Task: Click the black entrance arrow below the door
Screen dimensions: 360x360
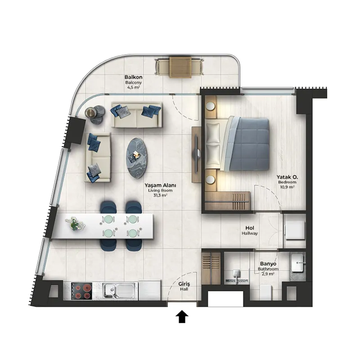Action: pyautogui.click(x=182, y=316)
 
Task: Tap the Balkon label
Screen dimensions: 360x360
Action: pyautogui.click(x=133, y=77)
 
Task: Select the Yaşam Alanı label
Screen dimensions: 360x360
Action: pyautogui.click(x=160, y=185)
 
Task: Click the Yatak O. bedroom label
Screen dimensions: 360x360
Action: pyautogui.click(x=287, y=177)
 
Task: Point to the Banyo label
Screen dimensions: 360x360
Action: pyautogui.click(x=268, y=264)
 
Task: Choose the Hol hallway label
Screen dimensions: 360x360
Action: pyautogui.click(x=250, y=228)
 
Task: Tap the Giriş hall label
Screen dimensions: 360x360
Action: pyautogui.click(x=184, y=284)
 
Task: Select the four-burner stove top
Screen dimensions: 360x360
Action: pyautogui.click(x=81, y=291)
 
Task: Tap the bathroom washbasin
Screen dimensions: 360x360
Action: pyautogui.click(x=298, y=262)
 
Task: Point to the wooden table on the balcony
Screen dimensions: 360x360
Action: pyautogui.click(x=180, y=67)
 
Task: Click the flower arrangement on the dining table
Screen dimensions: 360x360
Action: pyautogui.click(x=75, y=223)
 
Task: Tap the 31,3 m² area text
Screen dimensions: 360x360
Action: pyautogui.click(x=160, y=195)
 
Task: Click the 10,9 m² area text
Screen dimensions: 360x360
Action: pyautogui.click(x=287, y=187)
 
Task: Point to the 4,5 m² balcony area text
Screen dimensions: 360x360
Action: pyautogui.click(x=133, y=87)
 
